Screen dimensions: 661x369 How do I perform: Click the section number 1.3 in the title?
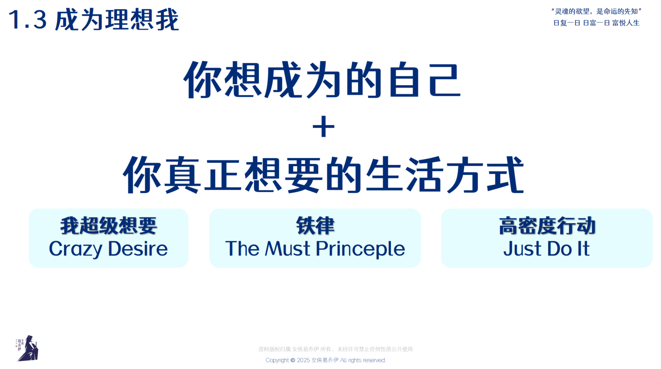click(x=27, y=20)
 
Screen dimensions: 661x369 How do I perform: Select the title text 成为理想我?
click(x=117, y=20)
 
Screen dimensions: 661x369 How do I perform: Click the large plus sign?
click(x=323, y=127)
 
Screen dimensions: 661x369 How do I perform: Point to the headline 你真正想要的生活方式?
click(x=323, y=175)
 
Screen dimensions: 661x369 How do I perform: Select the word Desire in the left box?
click(x=138, y=249)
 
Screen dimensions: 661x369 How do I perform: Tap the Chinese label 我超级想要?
click(x=109, y=226)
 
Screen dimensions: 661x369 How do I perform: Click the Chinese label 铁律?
click(x=315, y=226)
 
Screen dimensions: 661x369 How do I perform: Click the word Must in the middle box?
click(x=287, y=249)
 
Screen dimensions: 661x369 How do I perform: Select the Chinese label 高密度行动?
click(x=547, y=226)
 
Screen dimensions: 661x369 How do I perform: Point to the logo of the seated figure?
click(x=27, y=348)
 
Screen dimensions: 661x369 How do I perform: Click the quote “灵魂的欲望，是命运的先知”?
click(x=596, y=11)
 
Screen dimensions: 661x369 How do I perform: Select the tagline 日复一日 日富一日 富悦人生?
click(x=596, y=23)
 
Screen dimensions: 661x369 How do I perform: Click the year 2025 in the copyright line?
click(x=303, y=360)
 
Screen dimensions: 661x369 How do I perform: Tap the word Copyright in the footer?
click(x=277, y=360)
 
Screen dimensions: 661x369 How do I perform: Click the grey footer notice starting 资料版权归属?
click(x=335, y=349)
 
